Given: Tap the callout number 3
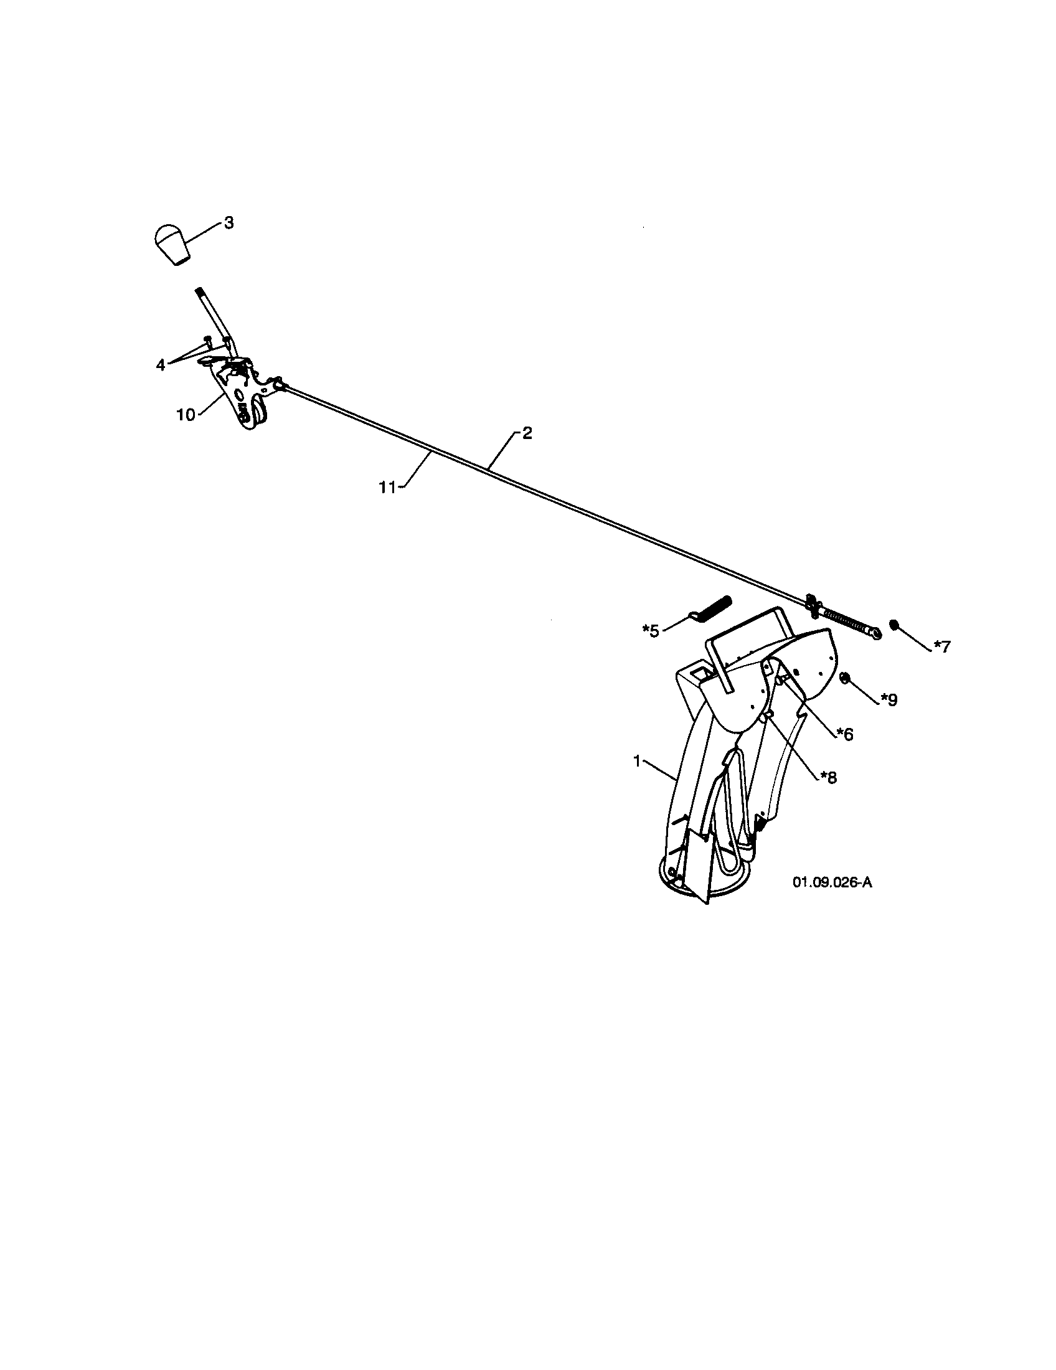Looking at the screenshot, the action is tap(229, 223).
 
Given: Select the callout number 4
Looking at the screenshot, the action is tap(161, 364).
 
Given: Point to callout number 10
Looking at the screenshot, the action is tap(186, 415).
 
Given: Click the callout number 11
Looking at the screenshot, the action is tap(387, 488).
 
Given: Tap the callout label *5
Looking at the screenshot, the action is tap(651, 630).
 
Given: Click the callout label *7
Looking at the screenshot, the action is tap(943, 646).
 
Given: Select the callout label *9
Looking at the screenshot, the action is tap(889, 699).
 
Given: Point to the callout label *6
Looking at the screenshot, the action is tap(844, 734).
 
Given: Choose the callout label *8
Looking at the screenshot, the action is tap(827, 777).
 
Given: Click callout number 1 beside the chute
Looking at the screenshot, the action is tap(636, 761).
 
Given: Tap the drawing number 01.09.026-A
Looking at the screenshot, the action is tap(832, 882).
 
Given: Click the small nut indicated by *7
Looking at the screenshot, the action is tap(894, 624).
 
